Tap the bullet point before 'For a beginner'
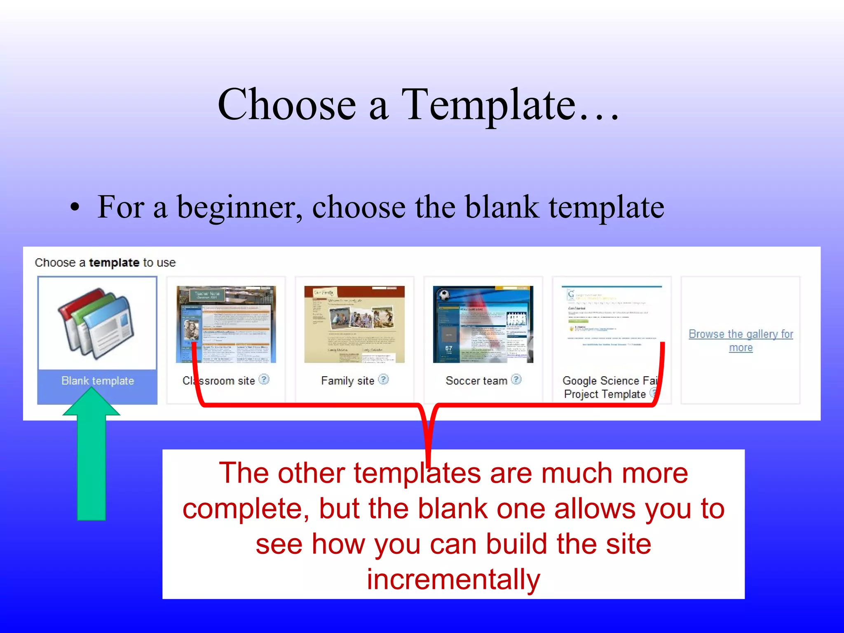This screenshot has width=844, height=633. [x=74, y=207]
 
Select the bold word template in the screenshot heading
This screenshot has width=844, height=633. [x=114, y=263]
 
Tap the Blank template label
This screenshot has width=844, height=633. [x=98, y=381]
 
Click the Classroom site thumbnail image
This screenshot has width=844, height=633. [x=226, y=324]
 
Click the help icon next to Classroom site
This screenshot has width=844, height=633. [x=264, y=379]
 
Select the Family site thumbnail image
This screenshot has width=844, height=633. [x=354, y=324]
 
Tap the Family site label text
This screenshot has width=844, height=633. [x=347, y=381]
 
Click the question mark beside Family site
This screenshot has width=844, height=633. [x=383, y=379]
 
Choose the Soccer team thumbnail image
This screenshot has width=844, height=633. [x=483, y=324]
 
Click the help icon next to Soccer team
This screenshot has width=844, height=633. [x=516, y=379]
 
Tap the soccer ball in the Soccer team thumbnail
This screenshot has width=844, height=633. [x=444, y=295]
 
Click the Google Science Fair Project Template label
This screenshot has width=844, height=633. [x=609, y=387]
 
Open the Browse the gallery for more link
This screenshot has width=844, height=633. [x=741, y=340]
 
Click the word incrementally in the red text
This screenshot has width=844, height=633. [x=453, y=579]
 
